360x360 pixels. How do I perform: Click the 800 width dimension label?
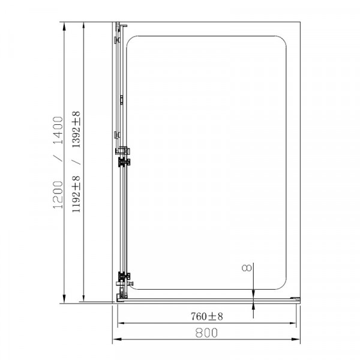(206, 332)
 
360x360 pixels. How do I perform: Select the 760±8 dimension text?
(207, 316)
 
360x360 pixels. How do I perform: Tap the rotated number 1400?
(58, 130)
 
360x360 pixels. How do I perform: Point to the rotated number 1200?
(58, 194)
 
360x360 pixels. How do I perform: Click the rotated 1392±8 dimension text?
(76, 129)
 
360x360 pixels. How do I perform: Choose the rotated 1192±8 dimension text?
(76, 194)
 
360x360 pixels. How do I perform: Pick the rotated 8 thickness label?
(247, 268)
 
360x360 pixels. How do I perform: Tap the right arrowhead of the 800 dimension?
(296, 339)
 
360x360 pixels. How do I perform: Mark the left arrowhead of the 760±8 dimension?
(121, 323)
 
